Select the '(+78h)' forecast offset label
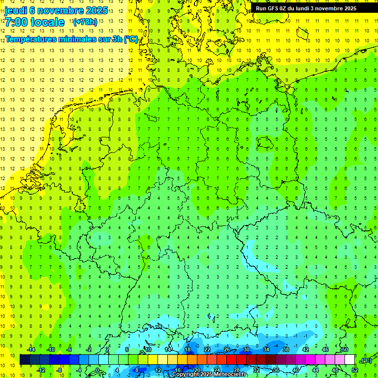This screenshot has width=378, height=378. coord(85,22)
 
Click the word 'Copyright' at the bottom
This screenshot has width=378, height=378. coord(186,375)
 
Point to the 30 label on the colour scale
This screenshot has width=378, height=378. coord(246,349)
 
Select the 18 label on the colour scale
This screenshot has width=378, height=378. coord(187,349)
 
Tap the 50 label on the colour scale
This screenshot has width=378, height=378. coord(345,349)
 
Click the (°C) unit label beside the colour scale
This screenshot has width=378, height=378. coord(366,360)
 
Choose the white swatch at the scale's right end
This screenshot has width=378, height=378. coord(349,359)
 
